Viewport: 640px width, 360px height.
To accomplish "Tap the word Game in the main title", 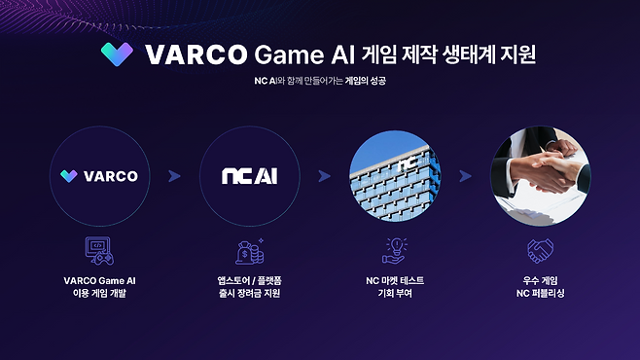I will coord(291,54).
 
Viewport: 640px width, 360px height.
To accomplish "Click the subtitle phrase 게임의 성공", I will coord(366,81).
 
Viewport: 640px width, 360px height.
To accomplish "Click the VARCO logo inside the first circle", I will coord(98,176).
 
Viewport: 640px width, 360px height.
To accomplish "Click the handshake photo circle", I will coord(540,176).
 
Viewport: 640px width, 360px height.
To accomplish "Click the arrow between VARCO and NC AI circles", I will coord(175,176).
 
